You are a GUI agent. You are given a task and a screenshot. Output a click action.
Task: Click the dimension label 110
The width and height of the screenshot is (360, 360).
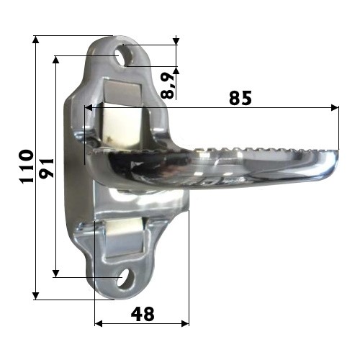click(x=27, y=166)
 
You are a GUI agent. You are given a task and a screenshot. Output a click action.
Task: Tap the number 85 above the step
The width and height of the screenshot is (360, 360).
click(x=240, y=98)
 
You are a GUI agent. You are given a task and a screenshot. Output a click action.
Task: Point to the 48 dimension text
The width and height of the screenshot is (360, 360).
click(x=143, y=314)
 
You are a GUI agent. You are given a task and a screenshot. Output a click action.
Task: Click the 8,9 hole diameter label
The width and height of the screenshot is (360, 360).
click(x=167, y=85)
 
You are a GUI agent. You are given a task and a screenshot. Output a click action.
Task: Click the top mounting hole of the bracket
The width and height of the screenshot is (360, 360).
click(x=122, y=57)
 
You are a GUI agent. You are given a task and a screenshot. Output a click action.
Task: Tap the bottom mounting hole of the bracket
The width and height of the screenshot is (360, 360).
click(x=125, y=279)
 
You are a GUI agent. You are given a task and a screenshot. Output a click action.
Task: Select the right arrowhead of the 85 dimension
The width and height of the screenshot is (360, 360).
click(x=335, y=107)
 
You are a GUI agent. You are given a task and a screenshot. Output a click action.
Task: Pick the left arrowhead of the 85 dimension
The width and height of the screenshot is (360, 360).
click(x=89, y=107)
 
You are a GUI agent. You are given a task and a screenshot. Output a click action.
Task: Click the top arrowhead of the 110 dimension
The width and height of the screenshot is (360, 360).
click(x=35, y=40)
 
